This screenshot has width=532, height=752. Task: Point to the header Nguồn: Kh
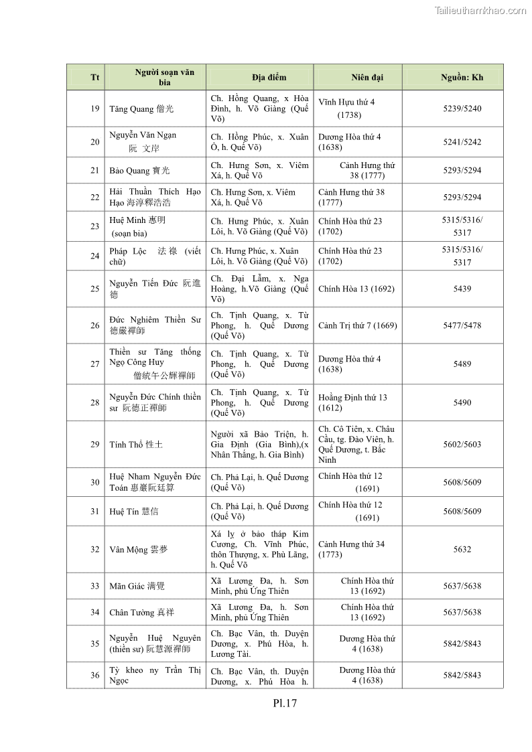[462, 77]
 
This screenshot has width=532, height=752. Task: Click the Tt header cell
[94, 77]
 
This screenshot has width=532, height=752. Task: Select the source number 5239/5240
[462, 108]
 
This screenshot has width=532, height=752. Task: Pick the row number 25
[94, 289]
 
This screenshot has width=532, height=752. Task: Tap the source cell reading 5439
[462, 289]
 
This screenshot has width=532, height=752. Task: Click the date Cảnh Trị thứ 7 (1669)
[357, 325]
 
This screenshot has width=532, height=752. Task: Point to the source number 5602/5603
[462, 445]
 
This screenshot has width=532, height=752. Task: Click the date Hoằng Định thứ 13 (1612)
[352, 402]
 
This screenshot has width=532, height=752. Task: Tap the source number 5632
[462, 549]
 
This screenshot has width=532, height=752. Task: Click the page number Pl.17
[284, 703]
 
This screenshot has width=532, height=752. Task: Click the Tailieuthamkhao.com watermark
[480, 10]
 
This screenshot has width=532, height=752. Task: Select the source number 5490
[462, 402]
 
